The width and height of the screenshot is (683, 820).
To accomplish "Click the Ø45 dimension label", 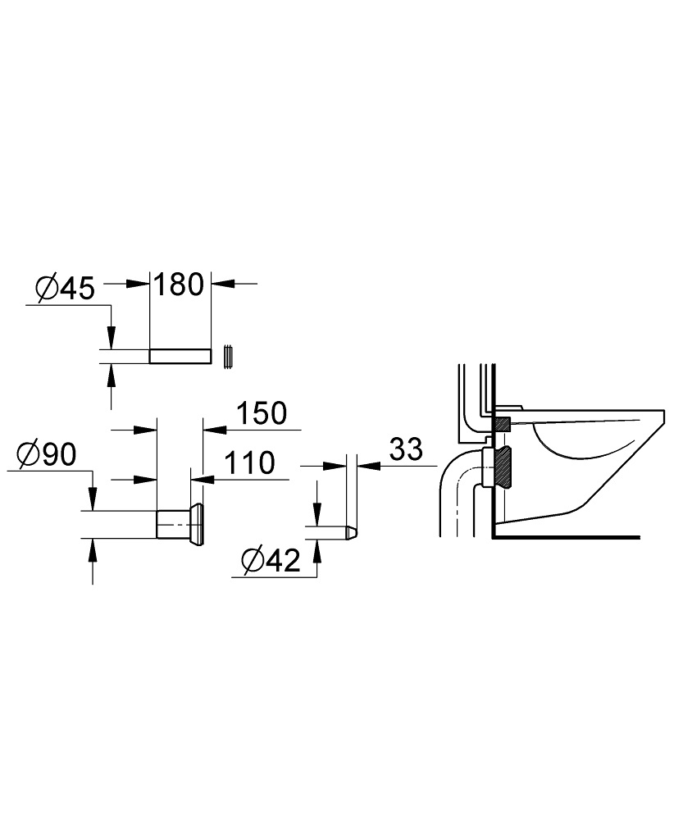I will [66, 289].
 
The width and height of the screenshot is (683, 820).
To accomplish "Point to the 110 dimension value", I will [247, 463].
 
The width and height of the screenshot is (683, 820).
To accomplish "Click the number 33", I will [405, 449].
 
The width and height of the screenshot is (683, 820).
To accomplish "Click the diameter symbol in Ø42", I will [252, 562].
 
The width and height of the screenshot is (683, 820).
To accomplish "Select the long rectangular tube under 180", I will [180, 356].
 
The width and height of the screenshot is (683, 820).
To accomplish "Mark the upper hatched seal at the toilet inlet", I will [503, 424].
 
